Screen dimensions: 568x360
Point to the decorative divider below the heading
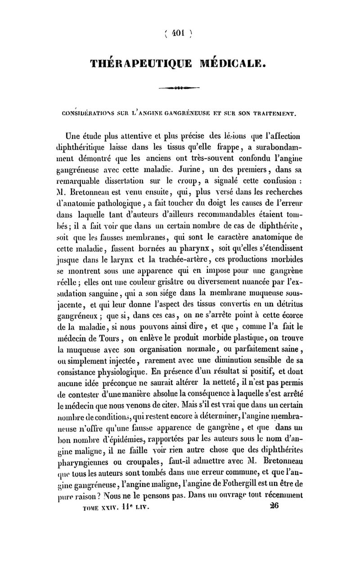click(180, 89)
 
